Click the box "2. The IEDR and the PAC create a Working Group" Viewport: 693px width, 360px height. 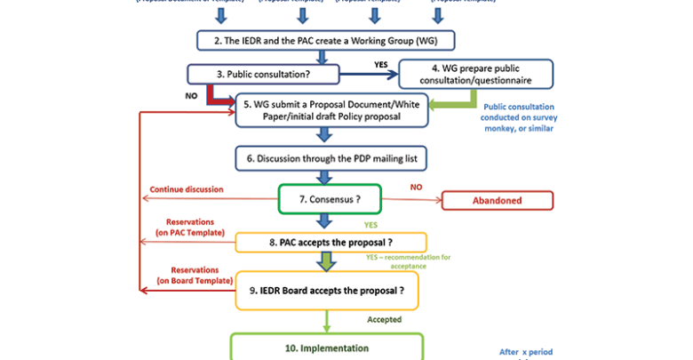pyautogui.click(x=325, y=41)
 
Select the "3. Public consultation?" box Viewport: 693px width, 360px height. pyautogui.click(x=251, y=74)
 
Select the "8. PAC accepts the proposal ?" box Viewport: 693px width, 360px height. pyautogui.click(x=331, y=242)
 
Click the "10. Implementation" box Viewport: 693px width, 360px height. pyautogui.click(x=326, y=348)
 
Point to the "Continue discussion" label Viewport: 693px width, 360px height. pyautogui.click(x=186, y=188)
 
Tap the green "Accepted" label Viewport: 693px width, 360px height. pyautogui.click(x=384, y=318)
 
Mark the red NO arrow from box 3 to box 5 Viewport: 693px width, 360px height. pyautogui.click(x=214, y=92)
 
